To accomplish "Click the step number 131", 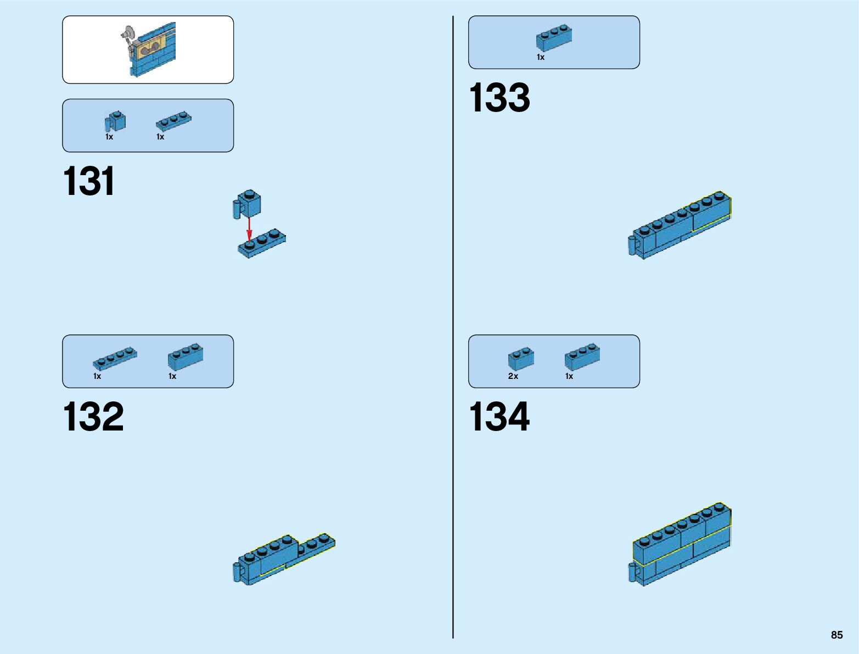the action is coord(89,181).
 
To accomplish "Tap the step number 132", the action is coord(93,417).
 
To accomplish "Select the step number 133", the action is coord(499,98).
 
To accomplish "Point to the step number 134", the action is coord(499,417).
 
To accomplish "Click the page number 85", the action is coord(836,635).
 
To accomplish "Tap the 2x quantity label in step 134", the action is coord(513,376).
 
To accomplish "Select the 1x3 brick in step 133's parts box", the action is coord(554,37).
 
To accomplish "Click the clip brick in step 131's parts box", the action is coord(115,122).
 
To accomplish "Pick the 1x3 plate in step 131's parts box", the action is coord(173,121).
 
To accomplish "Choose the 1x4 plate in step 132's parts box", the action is coord(115,358).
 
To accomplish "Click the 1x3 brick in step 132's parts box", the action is coord(186,357).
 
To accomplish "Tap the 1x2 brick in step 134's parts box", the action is coord(521,359).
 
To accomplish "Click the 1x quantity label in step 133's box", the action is coord(541,57).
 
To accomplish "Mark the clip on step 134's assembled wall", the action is coord(633,572).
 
